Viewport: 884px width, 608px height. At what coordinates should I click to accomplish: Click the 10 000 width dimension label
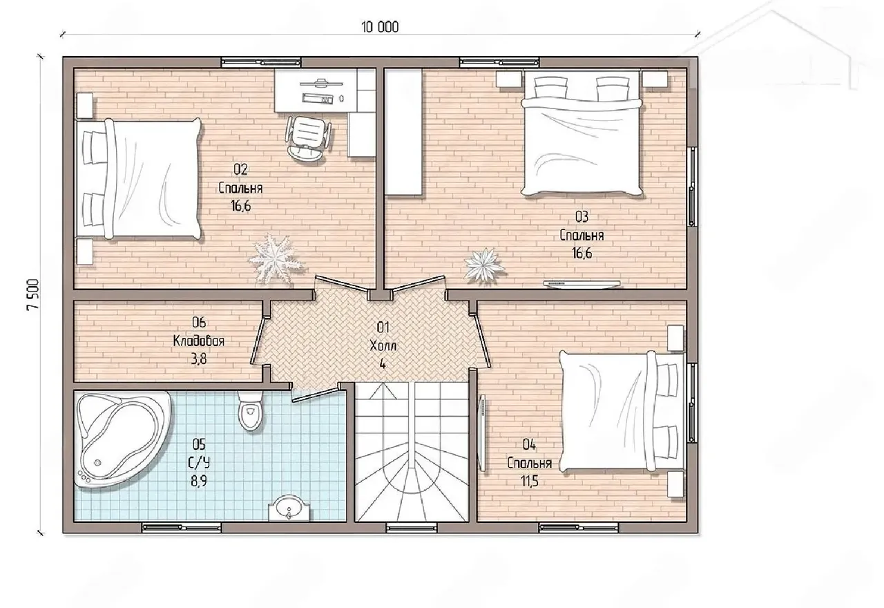click(380, 27)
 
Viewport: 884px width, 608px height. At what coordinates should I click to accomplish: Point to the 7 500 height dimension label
click(33, 294)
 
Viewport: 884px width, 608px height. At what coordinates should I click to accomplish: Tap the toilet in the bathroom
click(250, 411)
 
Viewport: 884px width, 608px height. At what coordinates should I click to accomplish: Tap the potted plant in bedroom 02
click(276, 258)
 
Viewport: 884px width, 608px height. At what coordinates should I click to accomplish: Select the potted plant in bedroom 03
click(484, 264)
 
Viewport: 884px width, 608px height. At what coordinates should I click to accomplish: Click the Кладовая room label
click(198, 341)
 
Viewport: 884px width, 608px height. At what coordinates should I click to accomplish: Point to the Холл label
click(383, 346)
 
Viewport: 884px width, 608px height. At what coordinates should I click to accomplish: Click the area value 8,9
click(199, 482)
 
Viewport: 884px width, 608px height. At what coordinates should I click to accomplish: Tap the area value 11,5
click(529, 482)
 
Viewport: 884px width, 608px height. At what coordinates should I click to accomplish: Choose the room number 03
click(582, 217)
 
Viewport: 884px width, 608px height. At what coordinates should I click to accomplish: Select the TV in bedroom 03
click(582, 283)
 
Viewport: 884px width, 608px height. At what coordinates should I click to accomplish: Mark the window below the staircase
click(411, 527)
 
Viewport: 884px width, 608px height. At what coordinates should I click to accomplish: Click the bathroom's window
click(182, 527)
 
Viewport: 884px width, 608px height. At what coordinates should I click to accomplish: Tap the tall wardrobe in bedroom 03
click(404, 131)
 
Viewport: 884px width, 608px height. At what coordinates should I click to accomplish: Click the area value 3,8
click(198, 359)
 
